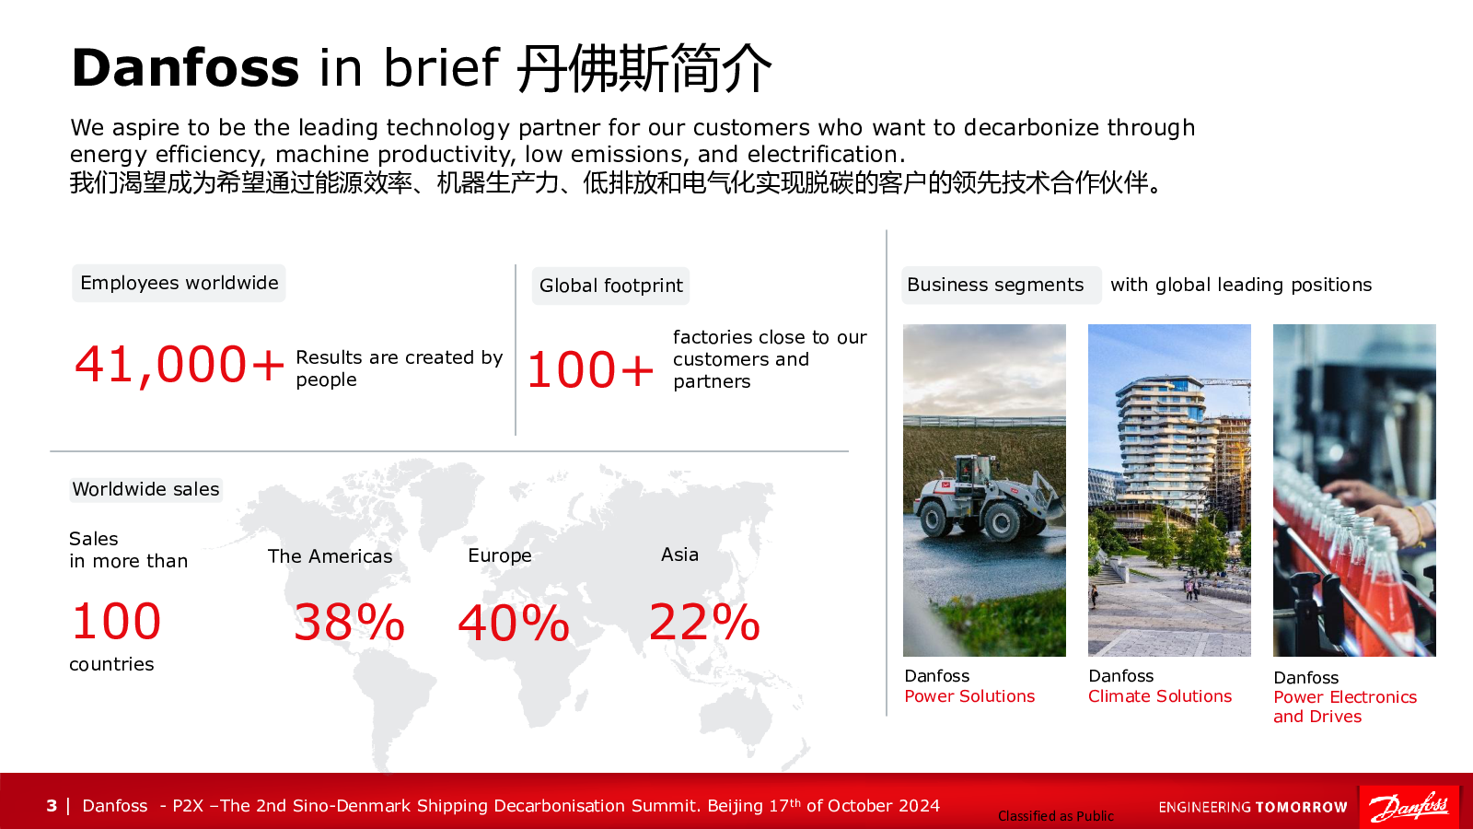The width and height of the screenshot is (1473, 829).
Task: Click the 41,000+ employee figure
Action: click(x=179, y=365)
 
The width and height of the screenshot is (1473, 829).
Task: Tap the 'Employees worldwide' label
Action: click(x=179, y=283)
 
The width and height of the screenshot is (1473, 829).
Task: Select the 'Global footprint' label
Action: click(x=611, y=286)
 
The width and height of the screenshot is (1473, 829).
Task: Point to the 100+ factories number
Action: click(x=590, y=369)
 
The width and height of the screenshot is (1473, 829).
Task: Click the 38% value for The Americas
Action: click(x=349, y=622)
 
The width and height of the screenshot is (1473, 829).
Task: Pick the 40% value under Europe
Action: click(x=514, y=623)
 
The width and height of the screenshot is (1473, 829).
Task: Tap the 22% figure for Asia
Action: click(x=704, y=622)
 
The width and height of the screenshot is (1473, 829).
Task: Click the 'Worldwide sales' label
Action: click(x=146, y=489)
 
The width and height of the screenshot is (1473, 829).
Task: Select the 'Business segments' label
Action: click(x=995, y=285)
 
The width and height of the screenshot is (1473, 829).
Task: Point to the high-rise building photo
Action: click(x=1169, y=490)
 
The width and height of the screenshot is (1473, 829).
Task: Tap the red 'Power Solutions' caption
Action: click(x=969, y=696)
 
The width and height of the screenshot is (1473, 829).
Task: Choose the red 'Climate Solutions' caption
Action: click(x=1160, y=696)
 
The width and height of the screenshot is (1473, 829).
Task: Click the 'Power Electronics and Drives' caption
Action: click(x=1345, y=706)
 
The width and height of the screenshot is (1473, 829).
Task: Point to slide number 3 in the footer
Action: click(x=52, y=806)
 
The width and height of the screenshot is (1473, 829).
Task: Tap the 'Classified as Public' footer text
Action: click(x=1055, y=816)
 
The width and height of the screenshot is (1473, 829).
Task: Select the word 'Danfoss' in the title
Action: click(x=185, y=68)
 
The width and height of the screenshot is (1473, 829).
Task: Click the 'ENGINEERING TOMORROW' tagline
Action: click(x=1253, y=807)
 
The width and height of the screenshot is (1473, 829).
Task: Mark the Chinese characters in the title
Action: click(x=644, y=68)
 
